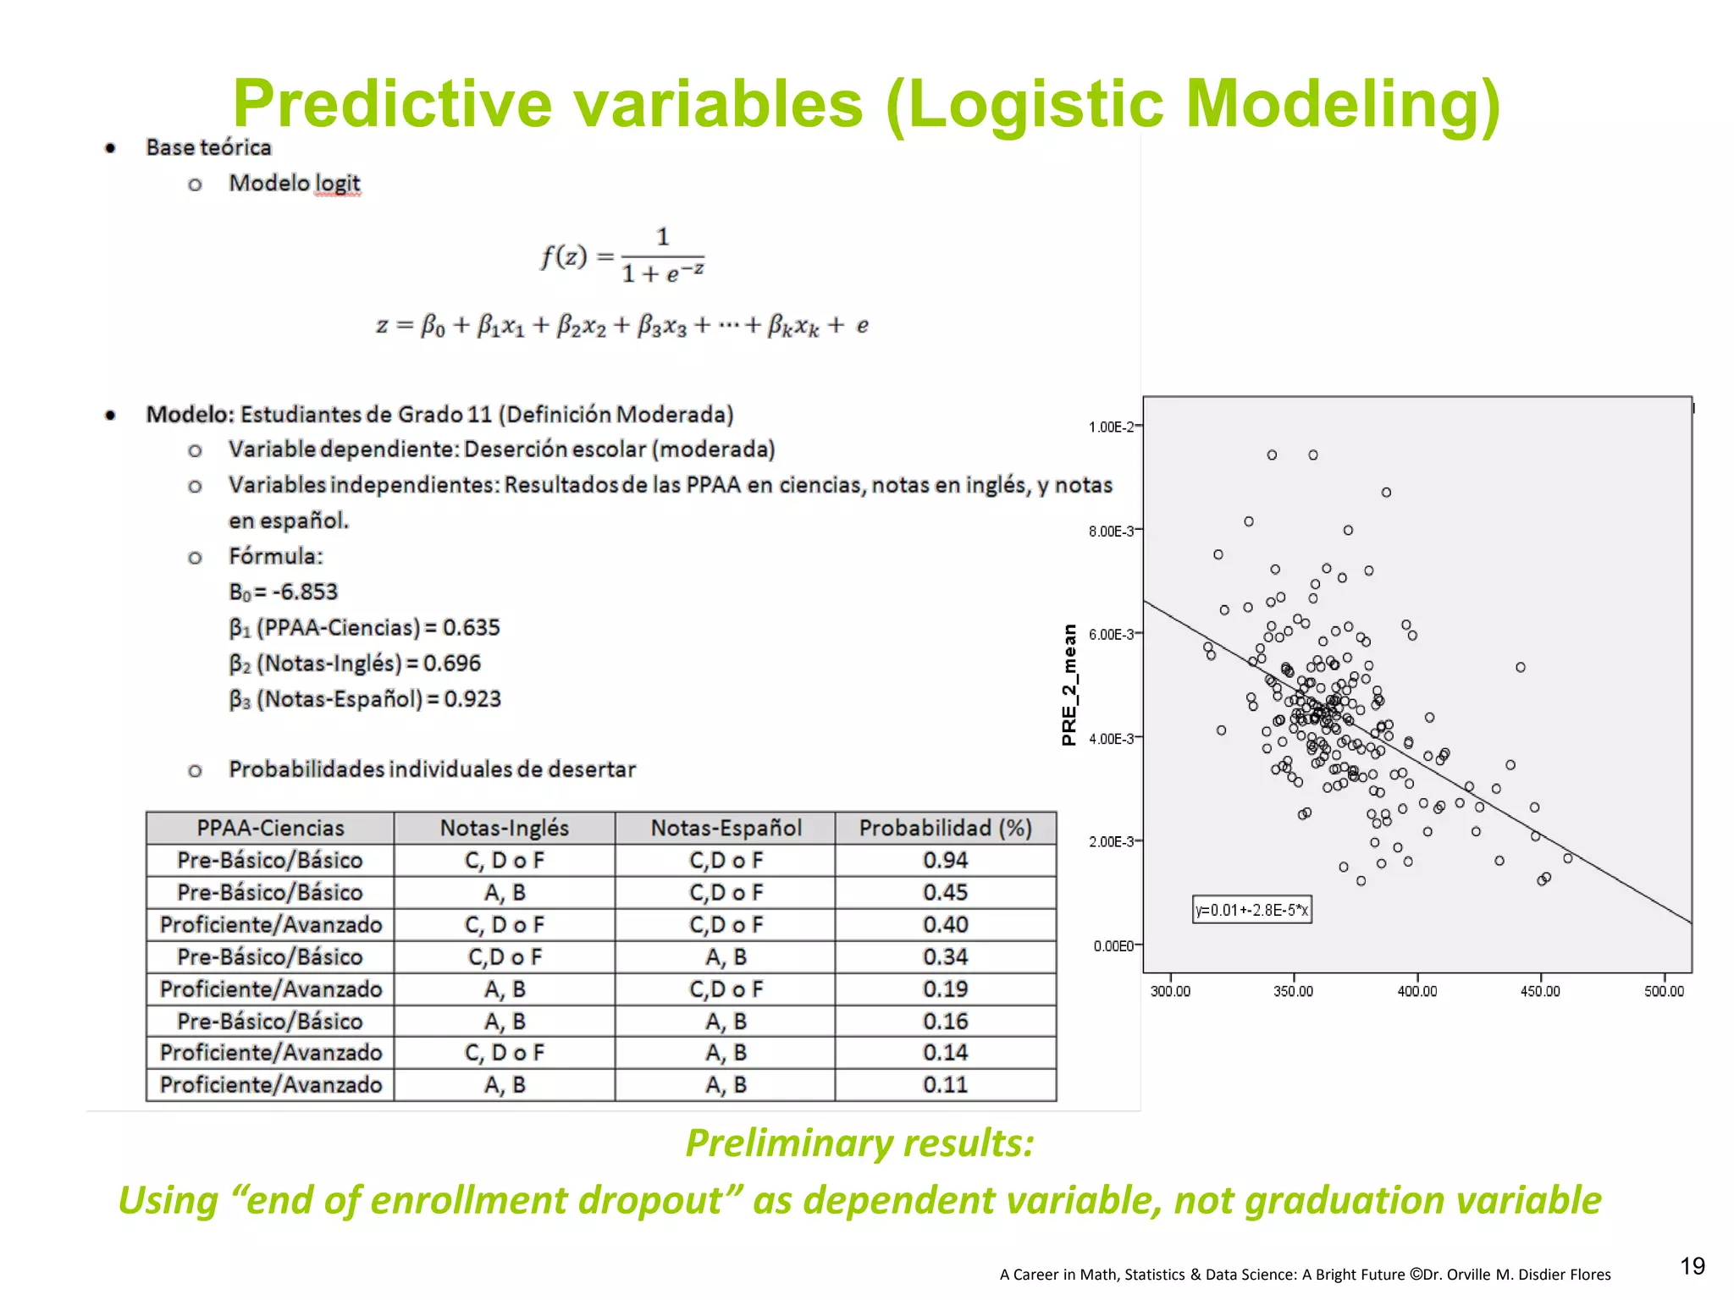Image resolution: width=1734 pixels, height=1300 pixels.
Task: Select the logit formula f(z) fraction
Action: point(622,256)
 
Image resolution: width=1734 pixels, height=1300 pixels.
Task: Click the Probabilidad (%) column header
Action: point(945,828)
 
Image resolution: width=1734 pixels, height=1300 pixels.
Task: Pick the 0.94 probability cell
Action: point(945,860)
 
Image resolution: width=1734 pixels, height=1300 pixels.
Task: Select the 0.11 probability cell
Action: point(945,1084)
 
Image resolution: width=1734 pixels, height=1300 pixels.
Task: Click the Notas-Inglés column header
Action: point(505,828)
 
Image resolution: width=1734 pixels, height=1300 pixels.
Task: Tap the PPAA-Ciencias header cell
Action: point(270,828)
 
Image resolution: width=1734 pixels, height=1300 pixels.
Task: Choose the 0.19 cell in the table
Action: point(945,989)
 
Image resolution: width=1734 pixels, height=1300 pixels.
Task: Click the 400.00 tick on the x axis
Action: point(1416,991)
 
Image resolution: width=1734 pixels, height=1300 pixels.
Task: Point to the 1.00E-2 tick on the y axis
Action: point(1111,427)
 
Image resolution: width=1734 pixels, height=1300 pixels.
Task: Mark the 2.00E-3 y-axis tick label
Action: point(1111,841)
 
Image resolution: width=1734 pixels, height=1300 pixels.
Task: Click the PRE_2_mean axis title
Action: point(1069,685)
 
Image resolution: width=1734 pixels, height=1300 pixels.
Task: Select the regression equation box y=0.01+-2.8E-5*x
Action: point(1251,910)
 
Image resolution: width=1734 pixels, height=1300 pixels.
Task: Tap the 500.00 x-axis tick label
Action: point(1664,991)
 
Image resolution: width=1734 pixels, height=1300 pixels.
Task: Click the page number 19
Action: point(1692,1266)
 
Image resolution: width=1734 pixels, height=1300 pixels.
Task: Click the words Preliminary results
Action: point(859,1143)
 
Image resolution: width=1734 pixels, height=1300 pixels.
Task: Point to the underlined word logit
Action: point(337,183)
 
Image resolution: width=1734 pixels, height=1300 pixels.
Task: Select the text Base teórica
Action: point(208,147)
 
